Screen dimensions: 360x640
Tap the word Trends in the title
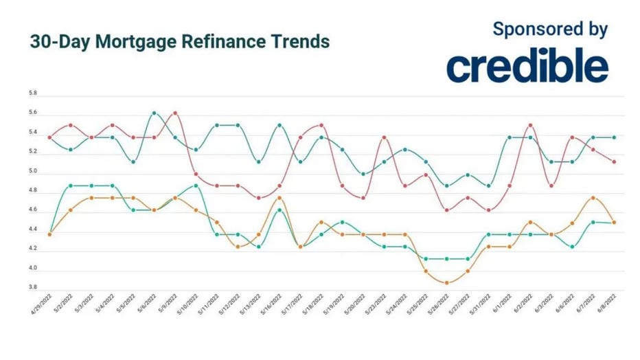(x=299, y=41)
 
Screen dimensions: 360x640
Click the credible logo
(x=527, y=67)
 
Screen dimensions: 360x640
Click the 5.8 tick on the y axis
(x=33, y=93)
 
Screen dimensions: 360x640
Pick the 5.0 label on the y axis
(x=33, y=171)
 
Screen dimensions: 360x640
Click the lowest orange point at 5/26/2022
(x=446, y=283)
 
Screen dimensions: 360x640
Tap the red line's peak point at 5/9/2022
(x=175, y=113)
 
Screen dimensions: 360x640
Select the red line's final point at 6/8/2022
(x=613, y=162)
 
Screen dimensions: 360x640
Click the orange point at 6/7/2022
(x=593, y=198)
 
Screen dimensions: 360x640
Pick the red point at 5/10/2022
(x=196, y=175)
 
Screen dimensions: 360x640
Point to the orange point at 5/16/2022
(x=279, y=198)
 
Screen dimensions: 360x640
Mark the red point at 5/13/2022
(x=258, y=198)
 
